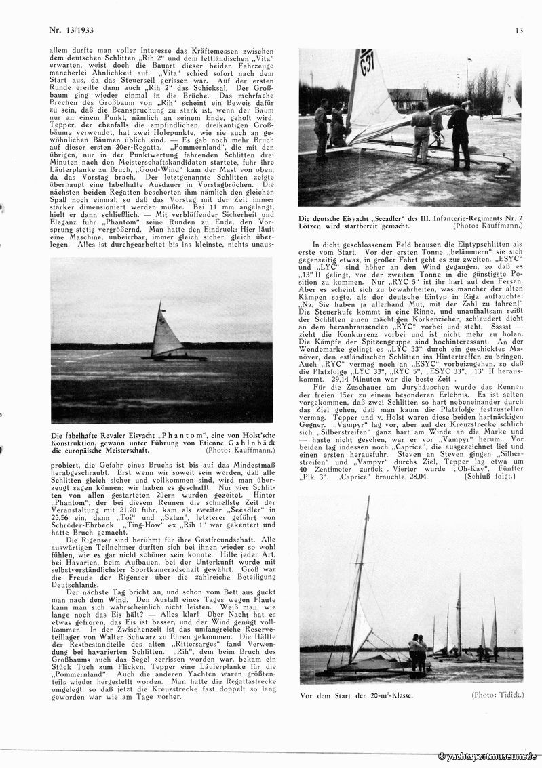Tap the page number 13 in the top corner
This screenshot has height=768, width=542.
click(x=518, y=29)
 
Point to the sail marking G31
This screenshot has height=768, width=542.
click(x=367, y=62)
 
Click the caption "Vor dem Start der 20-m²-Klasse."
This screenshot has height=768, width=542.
click(x=357, y=695)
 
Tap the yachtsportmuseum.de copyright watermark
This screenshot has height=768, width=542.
click(x=488, y=756)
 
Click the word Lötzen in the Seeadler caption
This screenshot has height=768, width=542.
click(x=314, y=226)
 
